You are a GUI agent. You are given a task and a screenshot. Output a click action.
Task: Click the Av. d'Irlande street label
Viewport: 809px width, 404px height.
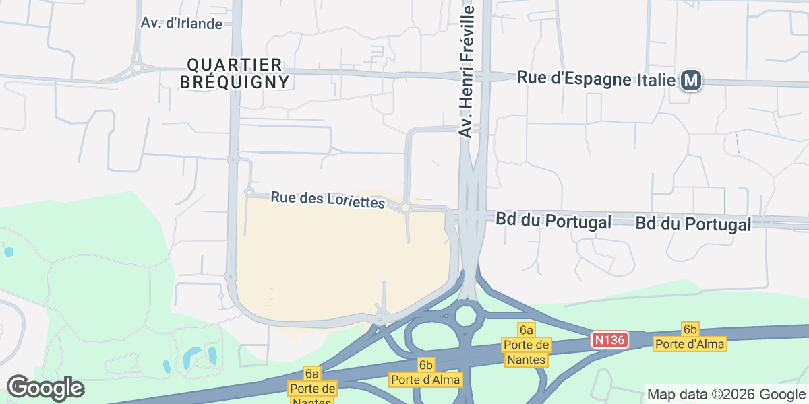(x=181, y=23)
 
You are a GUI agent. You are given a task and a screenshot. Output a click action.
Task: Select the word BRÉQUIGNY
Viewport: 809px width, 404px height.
(x=235, y=82)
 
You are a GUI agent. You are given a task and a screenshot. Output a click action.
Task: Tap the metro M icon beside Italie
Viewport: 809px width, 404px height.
(x=691, y=81)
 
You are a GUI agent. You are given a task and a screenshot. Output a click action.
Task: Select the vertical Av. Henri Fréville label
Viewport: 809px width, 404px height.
(x=467, y=70)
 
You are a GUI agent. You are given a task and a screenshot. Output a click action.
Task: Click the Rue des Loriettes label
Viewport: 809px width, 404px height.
(x=327, y=200)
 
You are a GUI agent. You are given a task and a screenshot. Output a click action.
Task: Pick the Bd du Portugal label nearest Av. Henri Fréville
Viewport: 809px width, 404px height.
(x=553, y=221)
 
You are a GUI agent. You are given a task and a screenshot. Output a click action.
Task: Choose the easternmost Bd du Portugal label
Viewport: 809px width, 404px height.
(x=693, y=224)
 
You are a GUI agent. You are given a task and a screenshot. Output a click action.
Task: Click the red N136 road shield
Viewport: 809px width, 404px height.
(x=610, y=340)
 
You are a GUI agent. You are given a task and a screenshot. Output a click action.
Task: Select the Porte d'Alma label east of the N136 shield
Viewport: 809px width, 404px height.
(x=690, y=337)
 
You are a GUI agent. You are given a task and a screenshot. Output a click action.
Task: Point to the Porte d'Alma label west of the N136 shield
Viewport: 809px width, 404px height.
(x=425, y=372)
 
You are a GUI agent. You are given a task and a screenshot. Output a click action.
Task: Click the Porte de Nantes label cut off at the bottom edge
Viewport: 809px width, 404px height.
(x=311, y=389)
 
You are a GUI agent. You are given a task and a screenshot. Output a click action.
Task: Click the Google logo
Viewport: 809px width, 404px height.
(x=45, y=388)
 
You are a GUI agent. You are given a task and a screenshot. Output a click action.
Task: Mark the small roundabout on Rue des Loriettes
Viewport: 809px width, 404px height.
(x=406, y=209)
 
